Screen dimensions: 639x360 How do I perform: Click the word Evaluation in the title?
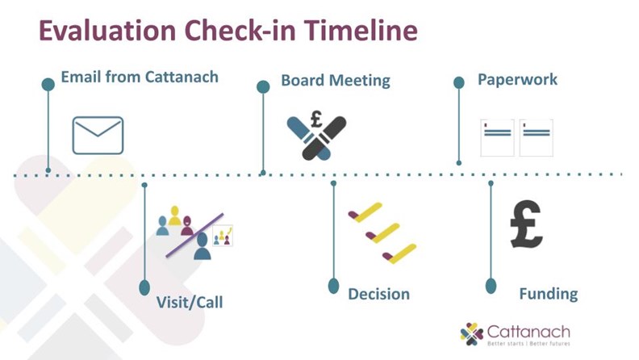point(107,30)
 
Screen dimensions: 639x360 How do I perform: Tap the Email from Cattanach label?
point(140,77)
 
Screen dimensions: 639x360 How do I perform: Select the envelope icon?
point(98,136)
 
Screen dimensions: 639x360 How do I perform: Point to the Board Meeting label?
point(336,81)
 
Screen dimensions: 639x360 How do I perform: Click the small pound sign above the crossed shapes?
point(316,118)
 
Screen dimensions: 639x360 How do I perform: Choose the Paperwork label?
point(517,79)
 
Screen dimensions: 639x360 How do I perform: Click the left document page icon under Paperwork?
point(497,138)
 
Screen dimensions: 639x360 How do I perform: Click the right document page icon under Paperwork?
point(537,138)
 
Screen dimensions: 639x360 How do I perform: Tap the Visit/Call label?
point(190,302)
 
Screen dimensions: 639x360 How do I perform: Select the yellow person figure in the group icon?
point(175,216)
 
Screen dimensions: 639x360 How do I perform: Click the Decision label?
point(378,294)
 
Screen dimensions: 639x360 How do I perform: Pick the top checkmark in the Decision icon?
point(365,212)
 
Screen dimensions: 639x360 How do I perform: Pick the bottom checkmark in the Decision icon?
point(399,253)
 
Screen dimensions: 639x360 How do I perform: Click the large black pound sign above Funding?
point(526,224)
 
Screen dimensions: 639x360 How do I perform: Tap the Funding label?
point(548,294)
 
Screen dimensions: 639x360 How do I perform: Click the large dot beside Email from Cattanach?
point(48,85)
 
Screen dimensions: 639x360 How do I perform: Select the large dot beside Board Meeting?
point(263,87)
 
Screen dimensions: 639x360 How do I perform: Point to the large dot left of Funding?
point(491,286)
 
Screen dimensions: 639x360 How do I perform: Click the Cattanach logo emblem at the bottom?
point(471,334)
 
